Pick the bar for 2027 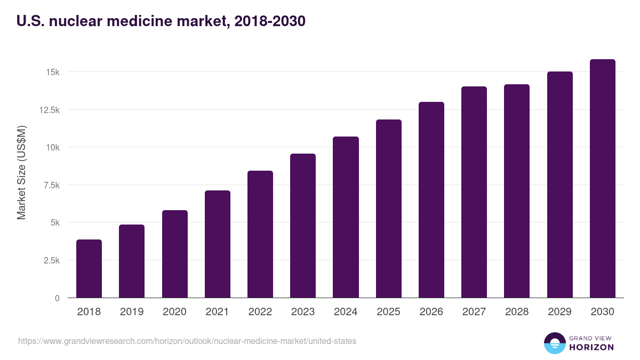[474, 192]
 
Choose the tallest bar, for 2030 [602, 178]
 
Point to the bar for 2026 [431, 199]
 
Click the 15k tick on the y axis [52, 72]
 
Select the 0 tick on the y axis [57, 298]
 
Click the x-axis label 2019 [132, 312]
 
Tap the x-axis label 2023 [303, 312]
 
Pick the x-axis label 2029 [559, 312]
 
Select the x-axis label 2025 [388, 312]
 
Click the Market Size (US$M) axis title [21, 172]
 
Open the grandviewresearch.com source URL [187, 341]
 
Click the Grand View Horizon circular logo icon [554, 343]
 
